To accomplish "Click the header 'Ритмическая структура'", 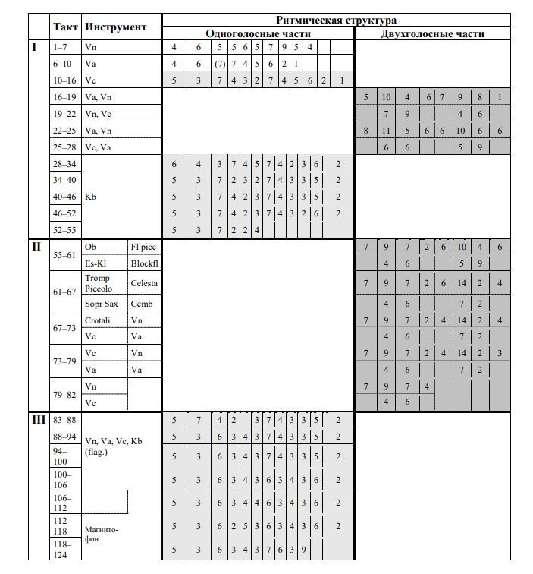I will pyautogui.click(x=336, y=20).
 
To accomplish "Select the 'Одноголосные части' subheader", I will pyautogui.click(x=258, y=33).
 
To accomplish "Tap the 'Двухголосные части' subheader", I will pyautogui.click(x=432, y=33).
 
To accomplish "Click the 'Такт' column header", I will pyautogui.click(x=65, y=27).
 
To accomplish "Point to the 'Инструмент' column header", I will pyautogui.click(x=116, y=27).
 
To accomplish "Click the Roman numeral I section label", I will pyautogui.click(x=34, y=47).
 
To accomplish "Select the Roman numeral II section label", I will pyautogui.click(x=35, y=247).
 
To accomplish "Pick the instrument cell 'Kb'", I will pyautogui.click(x=91, y=197).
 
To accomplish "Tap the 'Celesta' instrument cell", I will pyautogui.click(x=144, y=283).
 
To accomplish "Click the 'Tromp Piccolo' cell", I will pyautogui.click(x=99, y=283).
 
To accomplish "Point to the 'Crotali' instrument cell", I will pyautogui.click(x=98, y=320).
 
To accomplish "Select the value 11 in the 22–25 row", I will pyautogui.click(x=386, y=131).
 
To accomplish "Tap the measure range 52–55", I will pyautogui.click(x=65, y=229).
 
